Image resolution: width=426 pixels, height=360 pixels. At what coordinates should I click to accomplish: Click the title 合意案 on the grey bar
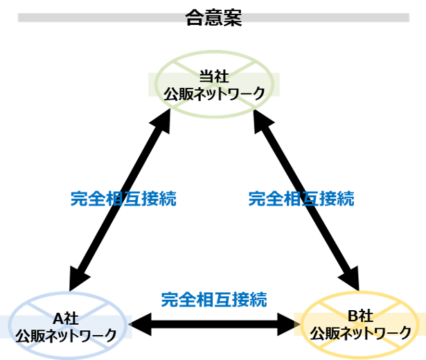tap(213, 17)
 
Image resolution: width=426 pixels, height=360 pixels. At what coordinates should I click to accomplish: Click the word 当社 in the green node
tap(214, 78)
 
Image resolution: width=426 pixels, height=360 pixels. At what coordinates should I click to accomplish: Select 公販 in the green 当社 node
tap(176, 92)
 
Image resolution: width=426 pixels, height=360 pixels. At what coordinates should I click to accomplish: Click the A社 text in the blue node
tap(66, 319)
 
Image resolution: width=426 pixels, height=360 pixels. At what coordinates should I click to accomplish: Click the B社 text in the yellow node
tap(360, 316)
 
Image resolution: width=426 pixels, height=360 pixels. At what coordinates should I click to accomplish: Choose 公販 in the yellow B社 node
tap(322, 332)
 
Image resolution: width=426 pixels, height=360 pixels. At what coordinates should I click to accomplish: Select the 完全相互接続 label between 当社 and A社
tap(123, 199)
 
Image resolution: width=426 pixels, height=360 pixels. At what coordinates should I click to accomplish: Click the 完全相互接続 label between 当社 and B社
tap(301, 199)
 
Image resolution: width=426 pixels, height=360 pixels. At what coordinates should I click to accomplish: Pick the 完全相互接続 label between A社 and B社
tap(214, 300)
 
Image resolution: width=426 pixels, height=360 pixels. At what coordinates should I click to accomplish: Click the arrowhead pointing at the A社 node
tap(130, 324)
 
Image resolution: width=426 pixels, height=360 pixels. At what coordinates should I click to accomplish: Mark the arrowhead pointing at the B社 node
tap(297, 324)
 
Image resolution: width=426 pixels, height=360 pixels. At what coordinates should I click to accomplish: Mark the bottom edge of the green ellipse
tap(214, 117)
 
